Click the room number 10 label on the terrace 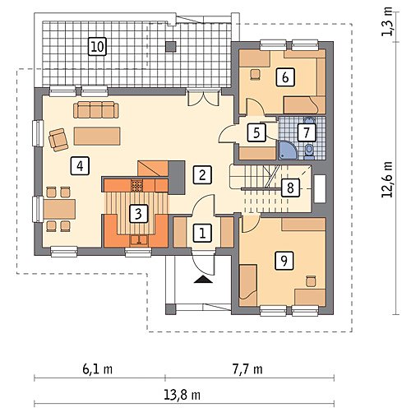pos(98,47)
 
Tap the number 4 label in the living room pos(80,165)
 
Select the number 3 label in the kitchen pos(139,213)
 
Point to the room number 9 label pos(284,260)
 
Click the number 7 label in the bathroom pos(307,132)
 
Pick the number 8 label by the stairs pos(290,188)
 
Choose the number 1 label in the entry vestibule pos(202,234)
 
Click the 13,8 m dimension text pos(182,395)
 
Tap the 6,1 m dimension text pos(98,369)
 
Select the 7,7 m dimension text pos(247,369)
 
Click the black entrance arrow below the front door pos(202,279)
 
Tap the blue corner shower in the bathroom pos(287,150)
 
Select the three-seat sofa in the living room pos(96,109)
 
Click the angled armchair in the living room pos(58,140)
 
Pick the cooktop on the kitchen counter pos(136,185)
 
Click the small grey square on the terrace pos(172,46)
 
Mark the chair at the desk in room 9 pos(311,281)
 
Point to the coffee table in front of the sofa pos(97,136)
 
